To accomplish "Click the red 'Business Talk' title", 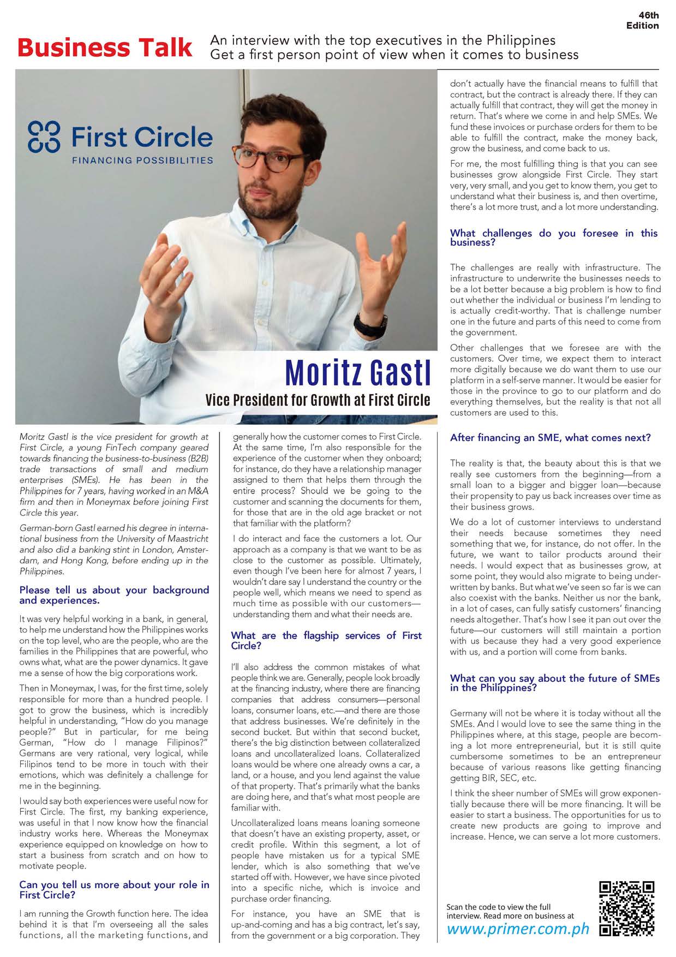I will (x=105, y=48).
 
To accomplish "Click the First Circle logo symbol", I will (x=43, y=135).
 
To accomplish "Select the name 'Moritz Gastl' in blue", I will (x=358, y=373).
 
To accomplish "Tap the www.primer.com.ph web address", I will (x=518, y=929).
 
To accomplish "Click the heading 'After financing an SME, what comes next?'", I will (x=550, y=438).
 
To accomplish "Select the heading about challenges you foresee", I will (x=553, y=237).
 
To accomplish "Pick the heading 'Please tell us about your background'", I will (x=114, y=595).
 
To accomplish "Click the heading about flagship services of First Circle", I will (x=326, y=640).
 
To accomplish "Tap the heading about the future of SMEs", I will (x=554, y=682).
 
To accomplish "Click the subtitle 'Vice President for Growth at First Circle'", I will (x=318, y=400).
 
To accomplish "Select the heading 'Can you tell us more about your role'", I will (x=114, y=890).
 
